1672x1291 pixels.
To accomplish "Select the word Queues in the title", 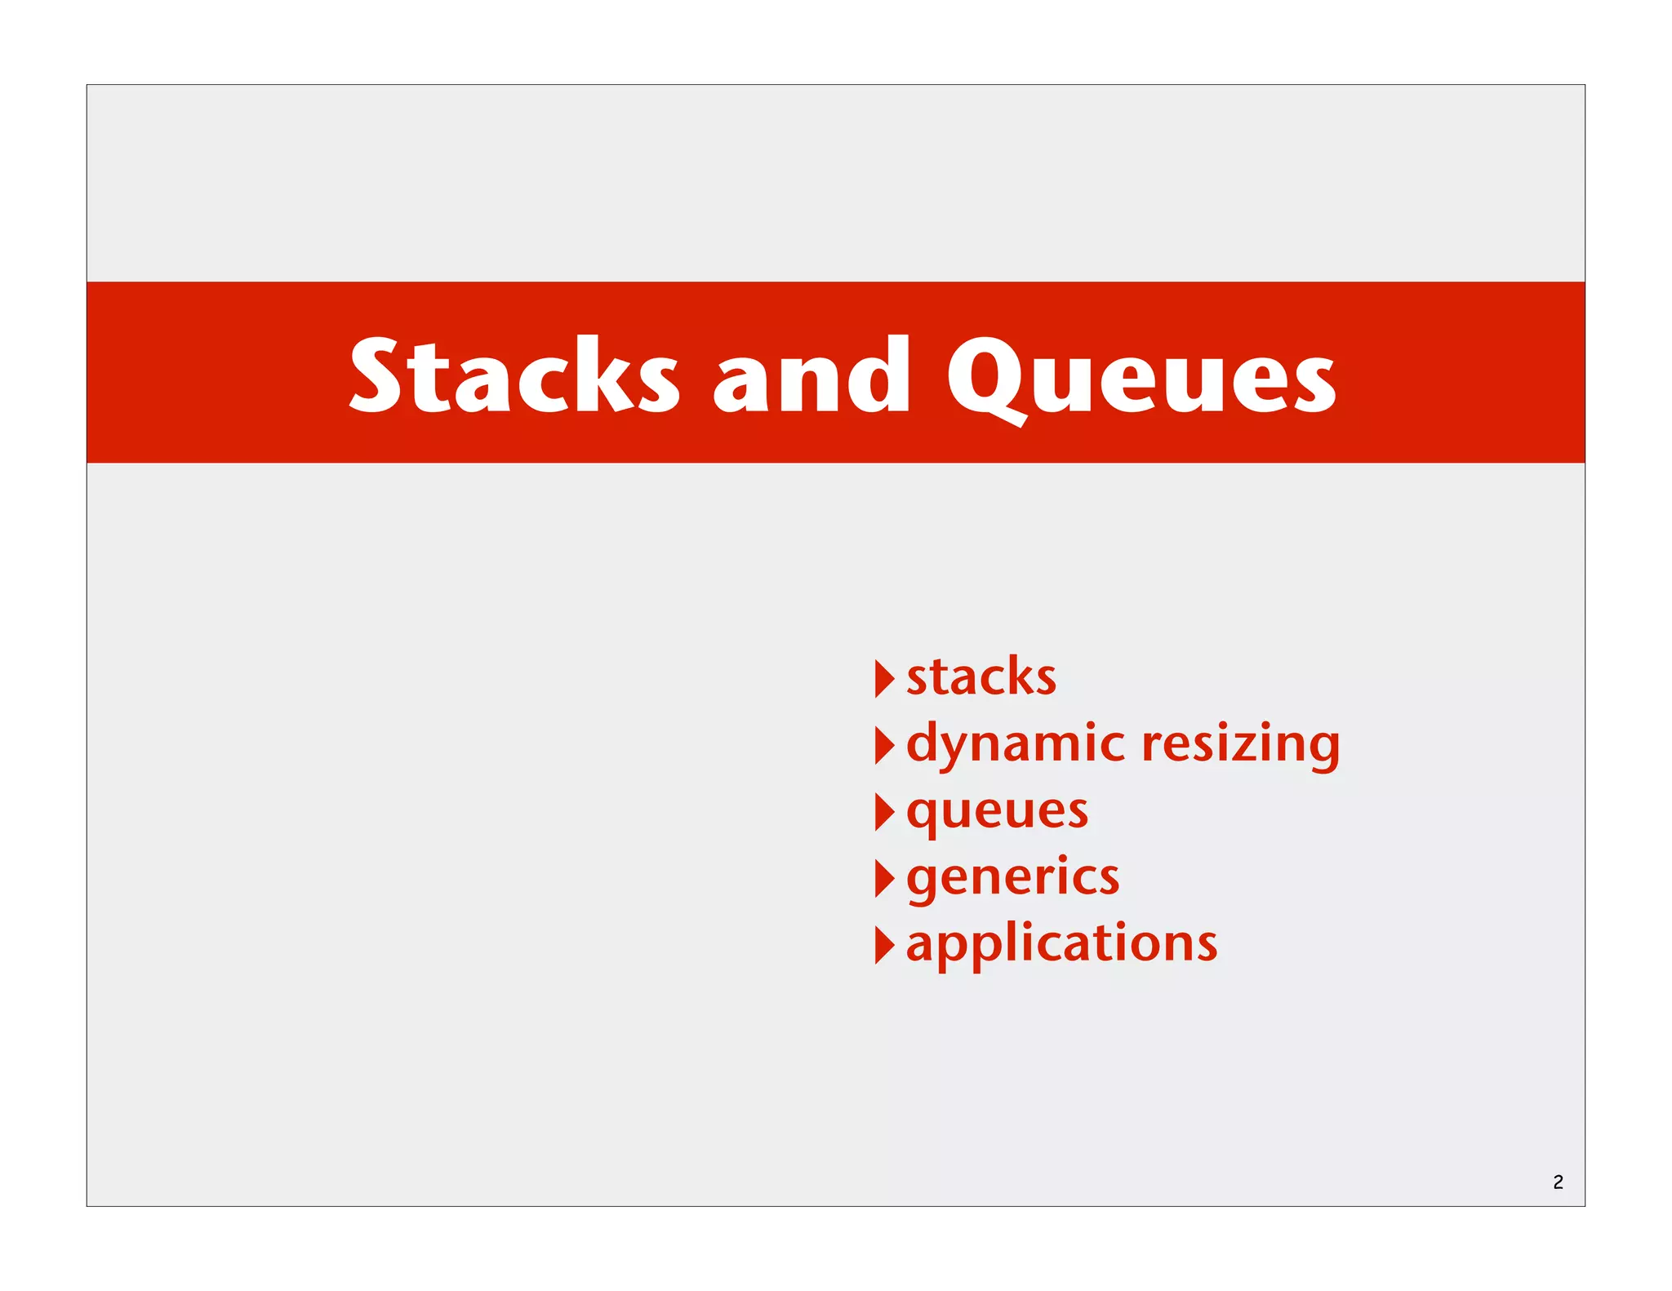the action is (1141, 377).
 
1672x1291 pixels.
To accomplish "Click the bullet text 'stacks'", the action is (981, 677).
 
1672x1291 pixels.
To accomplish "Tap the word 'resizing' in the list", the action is (1240, 744).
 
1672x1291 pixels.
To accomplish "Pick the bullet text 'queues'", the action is (997, 812).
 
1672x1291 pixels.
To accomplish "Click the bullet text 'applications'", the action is (1061, 945).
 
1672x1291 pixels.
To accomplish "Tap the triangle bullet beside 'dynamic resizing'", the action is (884, 745).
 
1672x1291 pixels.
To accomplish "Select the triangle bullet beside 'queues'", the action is (884, 812).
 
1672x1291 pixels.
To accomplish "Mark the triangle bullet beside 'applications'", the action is (884, 945).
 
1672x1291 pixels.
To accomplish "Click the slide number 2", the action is (1558, 1182).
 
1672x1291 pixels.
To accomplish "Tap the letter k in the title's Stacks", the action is (603, 374).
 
